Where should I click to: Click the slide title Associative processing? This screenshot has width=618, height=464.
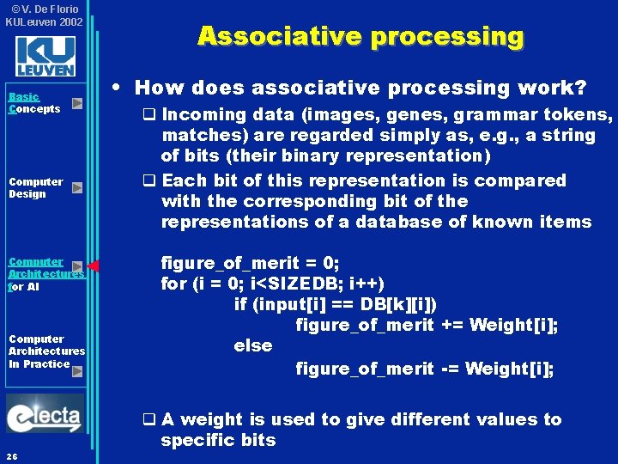pos(360,36)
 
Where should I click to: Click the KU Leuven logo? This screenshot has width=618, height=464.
pos(45,57)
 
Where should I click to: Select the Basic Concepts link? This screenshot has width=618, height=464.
pos(34,103)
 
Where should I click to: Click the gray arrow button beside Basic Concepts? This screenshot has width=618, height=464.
pos(77,103)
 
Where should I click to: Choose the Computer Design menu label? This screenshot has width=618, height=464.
pos(35,187)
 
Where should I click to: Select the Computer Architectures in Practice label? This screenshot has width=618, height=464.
pos(46,351)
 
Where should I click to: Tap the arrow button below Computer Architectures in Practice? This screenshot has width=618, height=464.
pos(77,371)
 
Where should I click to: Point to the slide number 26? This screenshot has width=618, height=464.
pos(11,455)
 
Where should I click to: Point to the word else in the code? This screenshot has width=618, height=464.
pos(252,345)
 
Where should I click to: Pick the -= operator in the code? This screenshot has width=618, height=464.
pos(451,369)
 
